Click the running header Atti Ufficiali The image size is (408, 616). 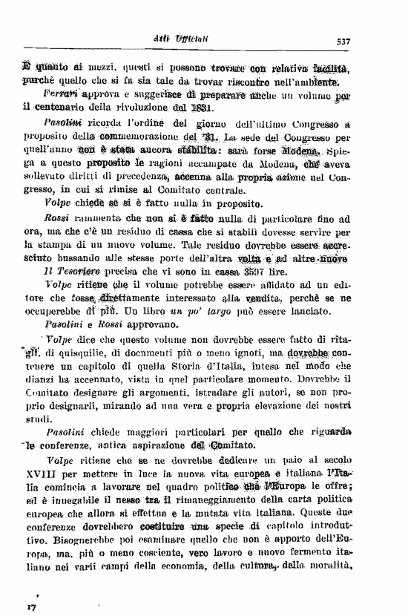point(204,41)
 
